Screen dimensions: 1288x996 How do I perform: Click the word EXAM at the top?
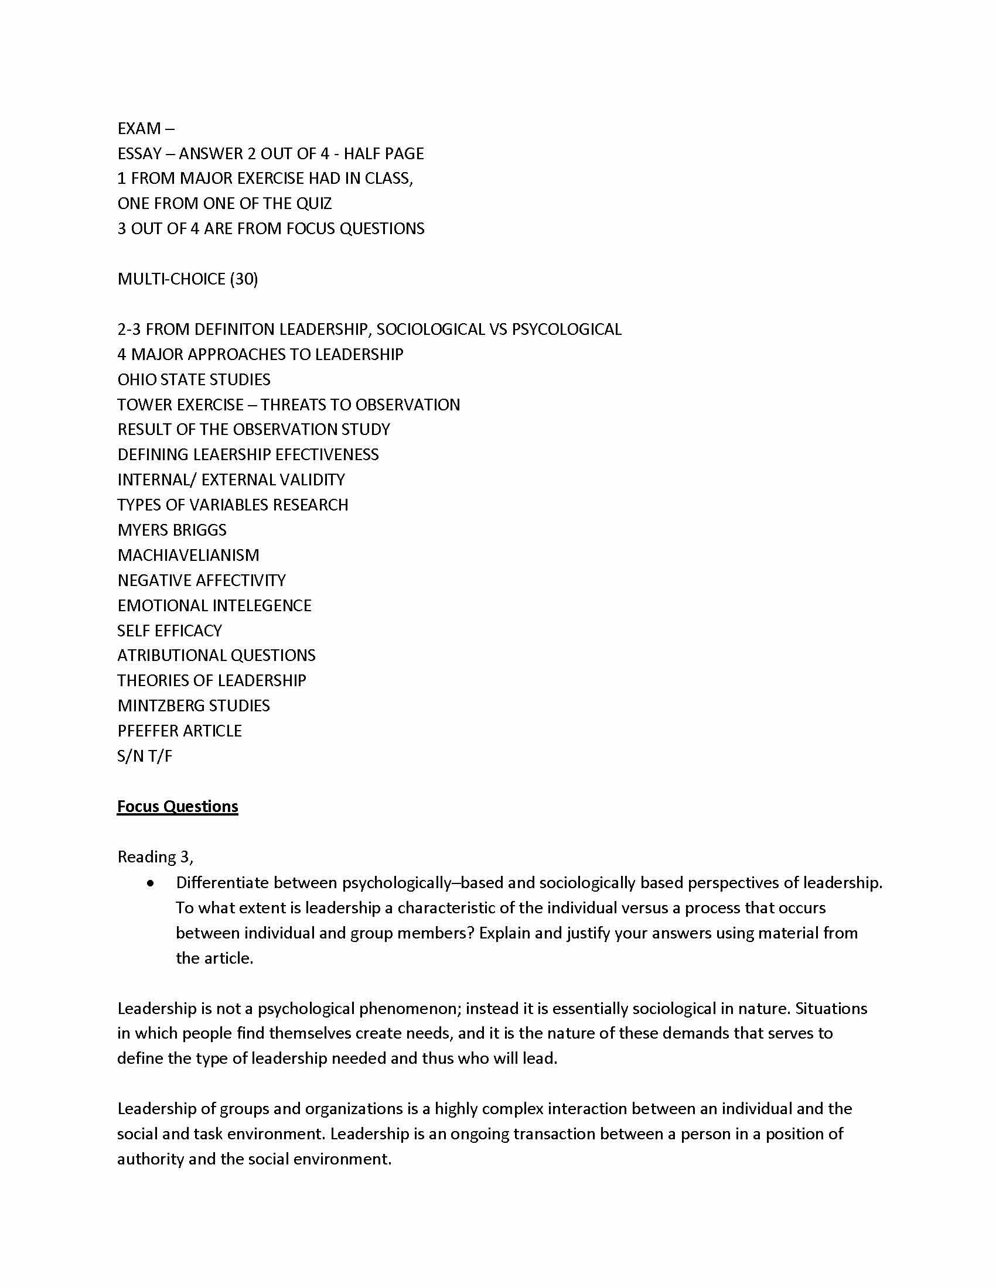pyautogui.click(x=139, y=129)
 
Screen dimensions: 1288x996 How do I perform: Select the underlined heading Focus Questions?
pyautogui.click(x=177, y=806)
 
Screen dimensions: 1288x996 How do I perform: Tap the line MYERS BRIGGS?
pyautogui.click(x=172, y=530)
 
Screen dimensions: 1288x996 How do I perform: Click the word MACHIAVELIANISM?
pyautogui.click(x=188, y=555)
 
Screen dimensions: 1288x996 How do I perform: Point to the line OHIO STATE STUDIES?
pyautogui.click(x=193, y=379)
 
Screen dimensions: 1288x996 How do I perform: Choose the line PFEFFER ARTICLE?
pyautogui.click(x=179, y=731)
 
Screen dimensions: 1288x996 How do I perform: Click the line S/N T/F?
pyautogui.click(x=145, y=756)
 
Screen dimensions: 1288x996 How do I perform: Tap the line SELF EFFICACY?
pyautogui.click(x=169, y=631)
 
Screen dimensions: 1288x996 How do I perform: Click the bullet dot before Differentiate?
pyautogui.click(x=152, y=883)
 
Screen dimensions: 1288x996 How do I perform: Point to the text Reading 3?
pyautogui.click(x=155, y=857)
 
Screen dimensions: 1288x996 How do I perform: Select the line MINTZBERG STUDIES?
pyautogui.click(x=193, y=705)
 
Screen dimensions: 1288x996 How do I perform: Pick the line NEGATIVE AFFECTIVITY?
pyautogui.click(x=201, y=580)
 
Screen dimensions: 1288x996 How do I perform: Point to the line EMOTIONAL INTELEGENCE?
pyautogui.click(x=214, y=606)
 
